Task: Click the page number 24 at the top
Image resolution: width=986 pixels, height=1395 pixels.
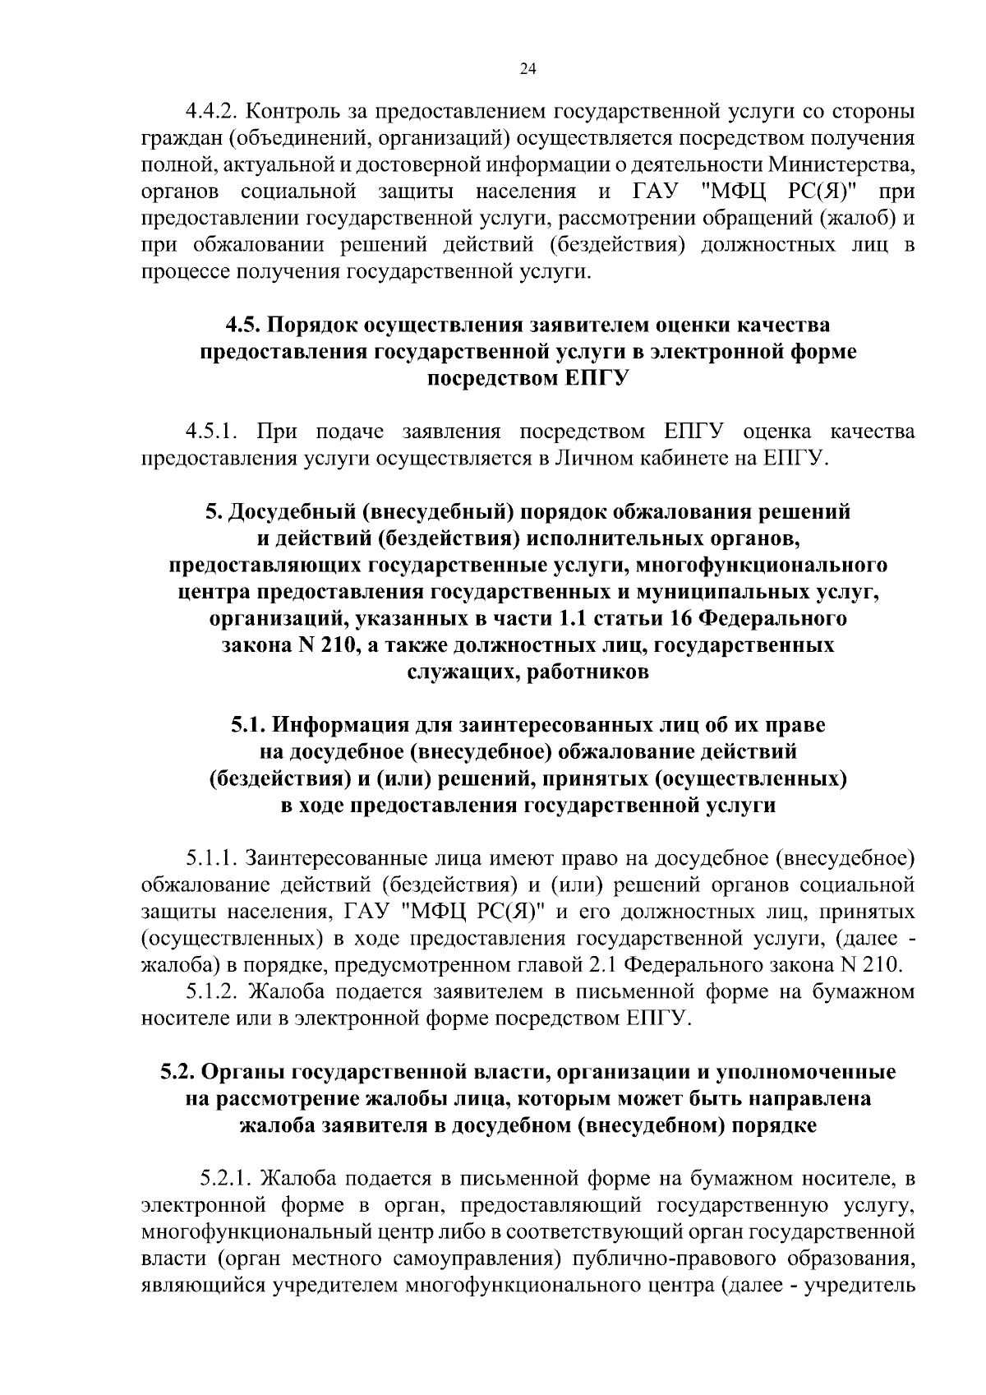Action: point(528,70)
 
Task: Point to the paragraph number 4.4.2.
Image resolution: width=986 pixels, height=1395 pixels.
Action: point(213,110)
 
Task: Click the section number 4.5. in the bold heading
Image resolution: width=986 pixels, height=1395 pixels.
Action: point(243,325)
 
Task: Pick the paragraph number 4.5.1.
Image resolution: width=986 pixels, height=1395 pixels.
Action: point(213,431)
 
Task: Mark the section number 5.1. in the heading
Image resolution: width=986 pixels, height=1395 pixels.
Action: point(247,725)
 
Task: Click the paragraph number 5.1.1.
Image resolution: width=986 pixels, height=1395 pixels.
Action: point(213,858)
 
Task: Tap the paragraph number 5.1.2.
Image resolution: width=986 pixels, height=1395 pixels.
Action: point(213,991)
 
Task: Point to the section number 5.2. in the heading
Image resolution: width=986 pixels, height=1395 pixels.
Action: point(177,1072)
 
